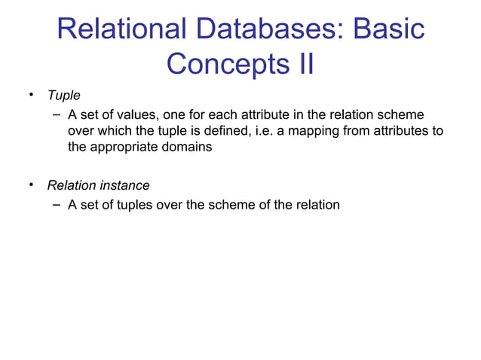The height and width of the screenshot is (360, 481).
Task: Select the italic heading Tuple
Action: [x=63, y=96]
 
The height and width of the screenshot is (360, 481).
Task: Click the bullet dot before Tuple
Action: [x=32, y=96]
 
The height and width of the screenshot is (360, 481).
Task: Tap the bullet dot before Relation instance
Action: [x=32, y=185]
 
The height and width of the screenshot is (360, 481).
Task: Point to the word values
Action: [x=133, y=114]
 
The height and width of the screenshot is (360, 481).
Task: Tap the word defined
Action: [x=222, y=131]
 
